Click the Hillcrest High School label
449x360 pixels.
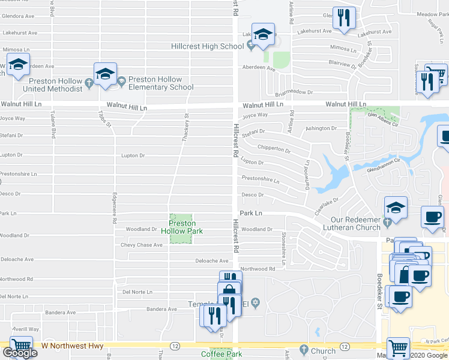click(215, 46)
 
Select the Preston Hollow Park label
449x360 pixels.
click(181, 227)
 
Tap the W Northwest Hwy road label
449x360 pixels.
click(72, 346)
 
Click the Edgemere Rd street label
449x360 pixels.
click(115, 208)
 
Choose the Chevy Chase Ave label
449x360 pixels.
click(142, 245)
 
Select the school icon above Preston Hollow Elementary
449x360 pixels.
click(105, 74)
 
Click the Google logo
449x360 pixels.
click(20, 353)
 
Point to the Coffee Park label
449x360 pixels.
click(221, 354)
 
